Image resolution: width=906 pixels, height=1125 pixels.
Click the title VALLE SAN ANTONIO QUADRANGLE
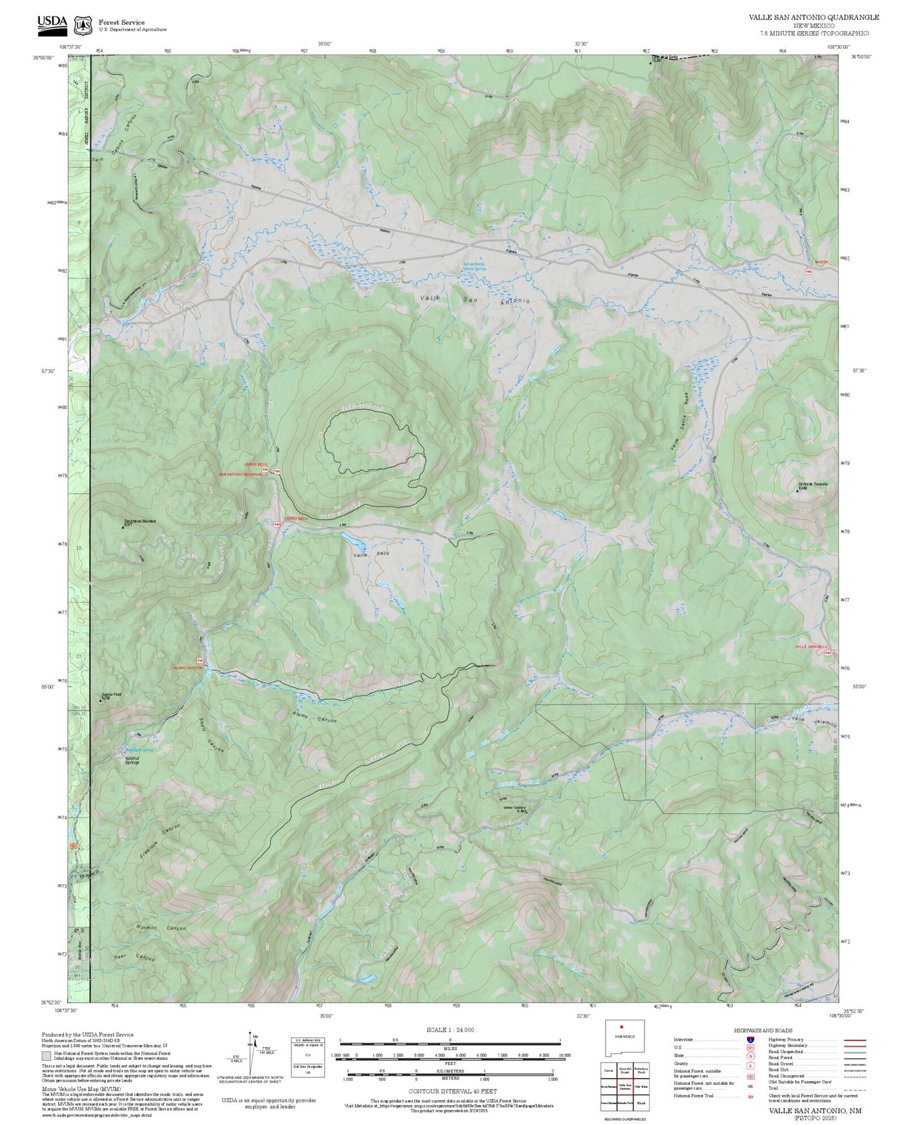pyautogui.click(x=813, y=18)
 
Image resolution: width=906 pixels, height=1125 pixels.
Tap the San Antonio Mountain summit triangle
pyautogui.click(x=123, y=527)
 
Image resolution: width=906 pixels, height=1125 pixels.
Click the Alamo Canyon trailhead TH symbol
pyautogui.click(x=200, y=661)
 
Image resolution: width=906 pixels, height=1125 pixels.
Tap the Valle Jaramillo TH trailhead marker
pyautogui.click(x=828, y=653)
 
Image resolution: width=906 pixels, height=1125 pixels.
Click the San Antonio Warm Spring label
pyautogui.click(x=474, y=266)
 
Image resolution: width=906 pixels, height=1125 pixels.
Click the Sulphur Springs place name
pyautogui.click(x=132, y=760)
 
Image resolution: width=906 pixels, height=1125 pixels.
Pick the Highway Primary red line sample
pyautogui.click(x=855, y=1040)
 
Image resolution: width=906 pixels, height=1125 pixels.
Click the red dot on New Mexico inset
pyautogui.click(x=621, y=1027)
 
